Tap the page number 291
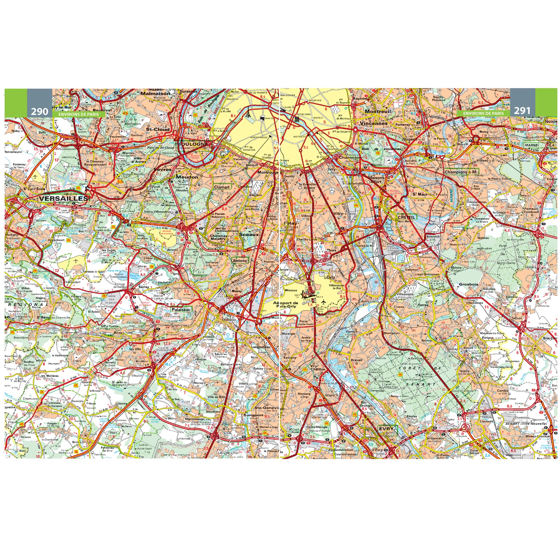tap(522, 110)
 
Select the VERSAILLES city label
tap(63, 199)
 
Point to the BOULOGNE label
tap(193, 144)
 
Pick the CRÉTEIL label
tap(407, 217)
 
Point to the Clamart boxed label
tap(222, 187)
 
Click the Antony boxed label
tap(240, 261)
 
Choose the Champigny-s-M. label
tap(461, 172)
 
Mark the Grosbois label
tap(468, 284)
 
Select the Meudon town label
tap(187, 177)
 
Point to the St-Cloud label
tap(158, 129)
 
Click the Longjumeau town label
tap(261, 347)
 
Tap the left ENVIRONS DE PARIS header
tap(78, 114)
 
